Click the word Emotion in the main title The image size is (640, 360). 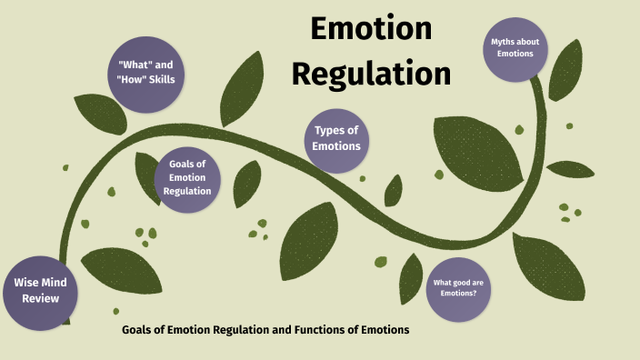point(371,29)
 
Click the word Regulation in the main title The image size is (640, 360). point(371,74)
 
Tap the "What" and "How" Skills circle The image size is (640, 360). point(145,73)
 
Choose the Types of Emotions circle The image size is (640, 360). point(336,139)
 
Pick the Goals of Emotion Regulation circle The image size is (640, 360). point(188,178)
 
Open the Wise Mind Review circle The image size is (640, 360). point(36,291)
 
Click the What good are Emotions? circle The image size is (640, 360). point(458,289)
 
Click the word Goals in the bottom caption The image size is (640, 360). point(140,329)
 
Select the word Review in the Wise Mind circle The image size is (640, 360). point(36,298)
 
